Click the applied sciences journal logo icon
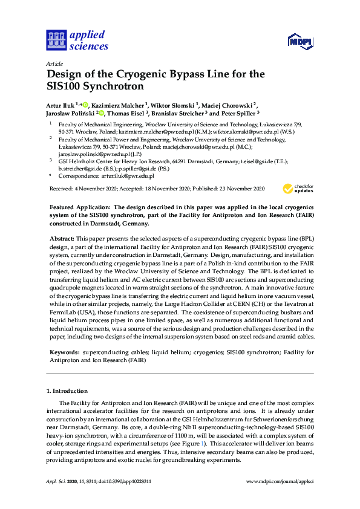[x=55, y=41]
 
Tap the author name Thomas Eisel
[x=129, y=112]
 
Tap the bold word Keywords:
[x=64, y=351]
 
